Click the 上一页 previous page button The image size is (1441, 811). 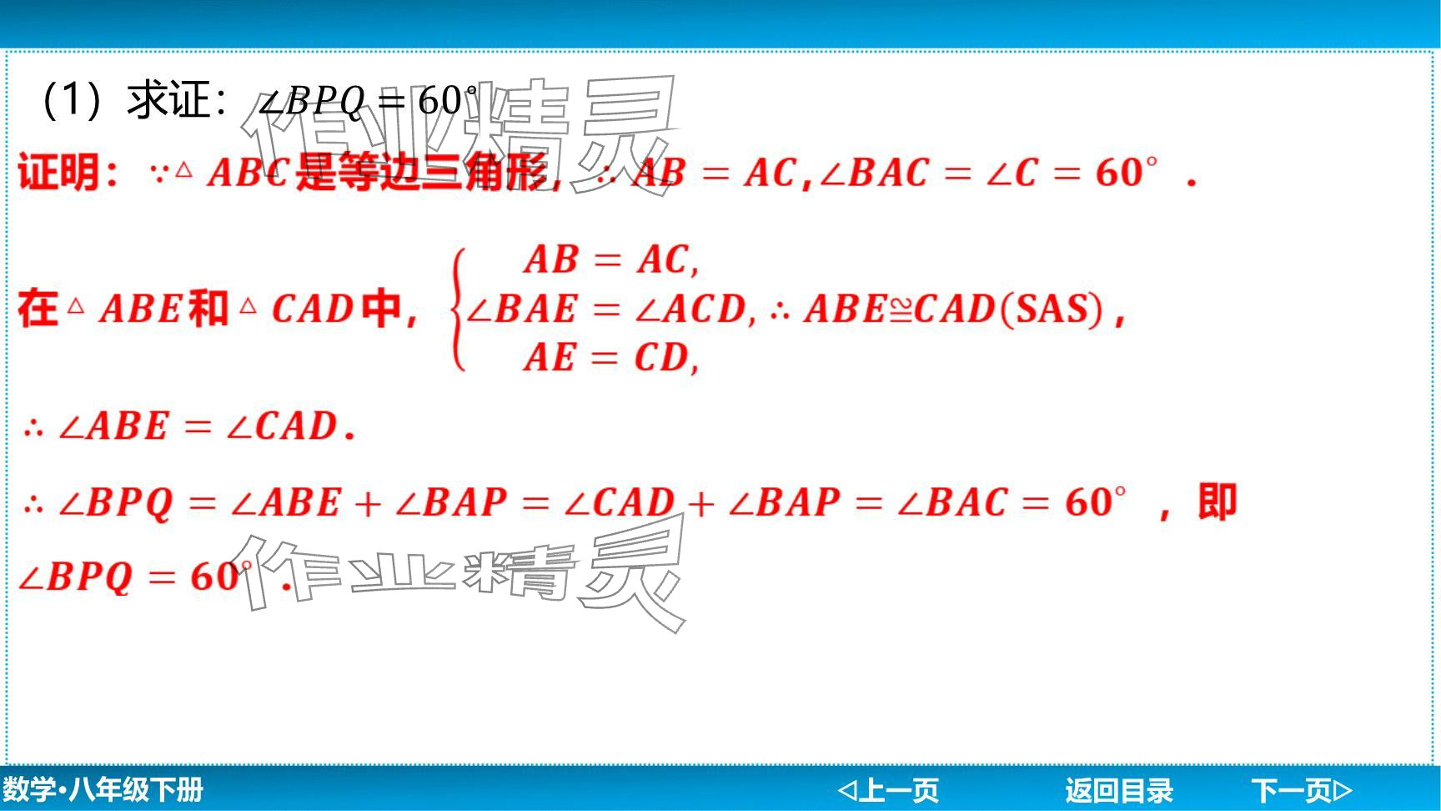(888, 789)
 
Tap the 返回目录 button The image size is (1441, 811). (1118, 789)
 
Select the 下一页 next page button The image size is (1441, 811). (1301, 789)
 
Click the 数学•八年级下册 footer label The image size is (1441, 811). (103, 789)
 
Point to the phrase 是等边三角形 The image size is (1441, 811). (422, 173)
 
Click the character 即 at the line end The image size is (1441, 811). (1218, 502)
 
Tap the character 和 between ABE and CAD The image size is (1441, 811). (208, 309)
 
